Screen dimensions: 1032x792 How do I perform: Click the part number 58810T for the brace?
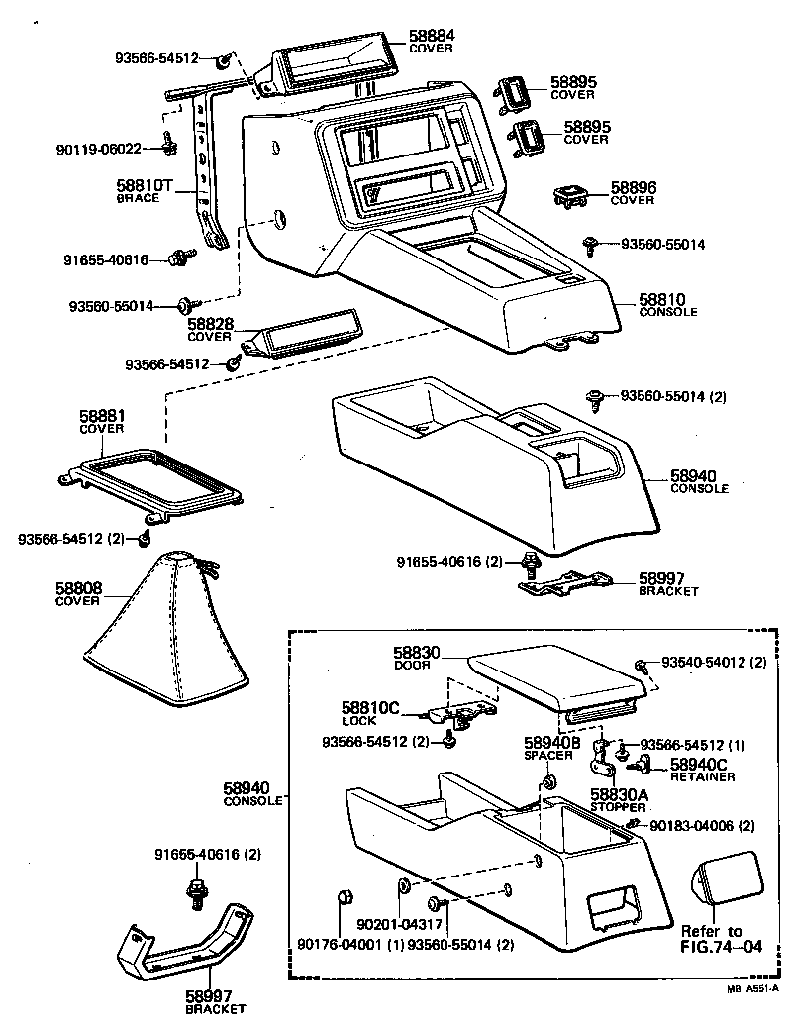click(x=146, y=185)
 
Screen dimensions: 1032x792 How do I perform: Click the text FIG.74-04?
click(x=722, y=946)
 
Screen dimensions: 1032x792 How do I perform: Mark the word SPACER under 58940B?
click(x=548, y=755)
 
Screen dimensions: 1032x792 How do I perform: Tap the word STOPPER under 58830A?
click(x=619, y=807)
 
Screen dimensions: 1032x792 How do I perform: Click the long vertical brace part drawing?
click(x=207, y=168)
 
